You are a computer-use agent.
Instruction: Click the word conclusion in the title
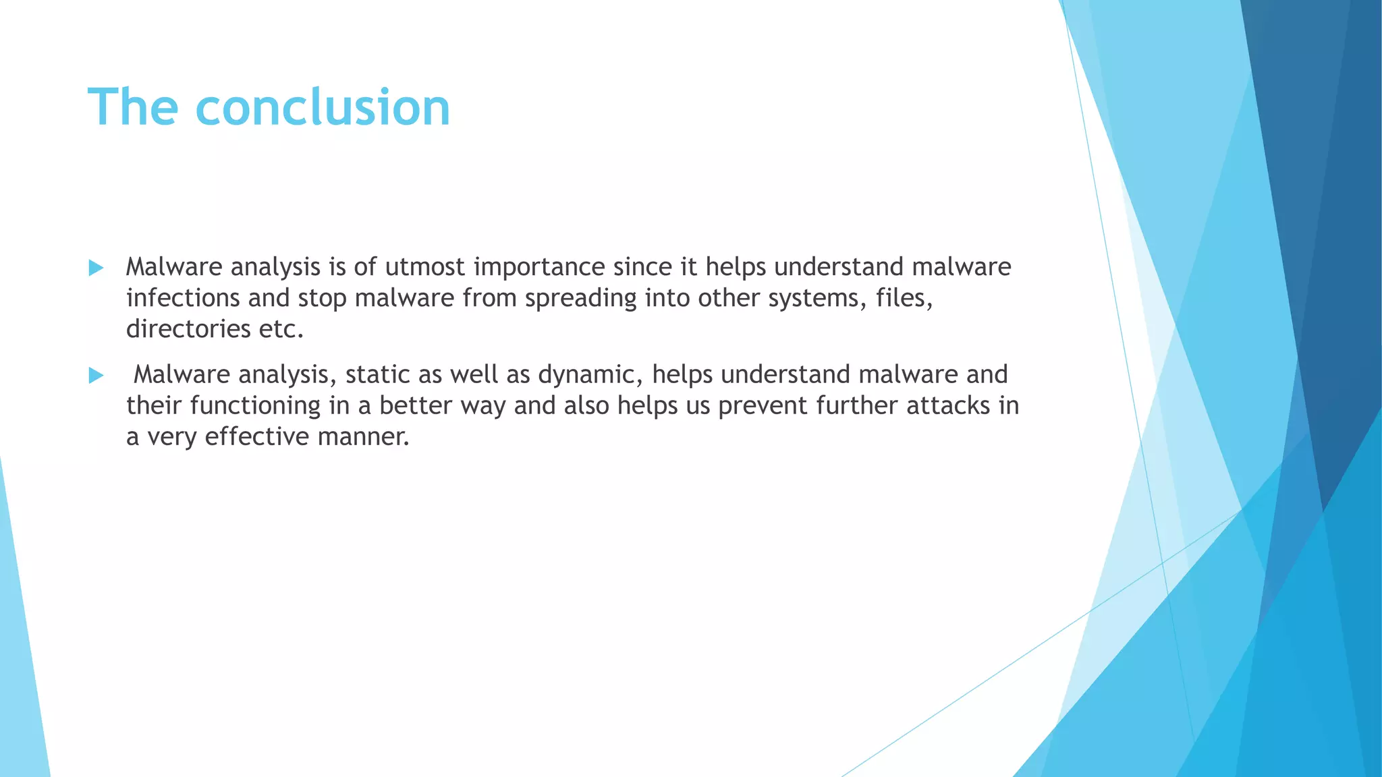(323, 108)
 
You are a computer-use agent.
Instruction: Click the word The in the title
(132, 108)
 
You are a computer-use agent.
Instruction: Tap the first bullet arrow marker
(96, 268)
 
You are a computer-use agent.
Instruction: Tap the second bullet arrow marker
(96, 376)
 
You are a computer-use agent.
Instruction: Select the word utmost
(424, 267)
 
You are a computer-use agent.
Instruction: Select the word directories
(188, 329)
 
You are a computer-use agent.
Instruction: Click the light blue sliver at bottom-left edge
(20, 674)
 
